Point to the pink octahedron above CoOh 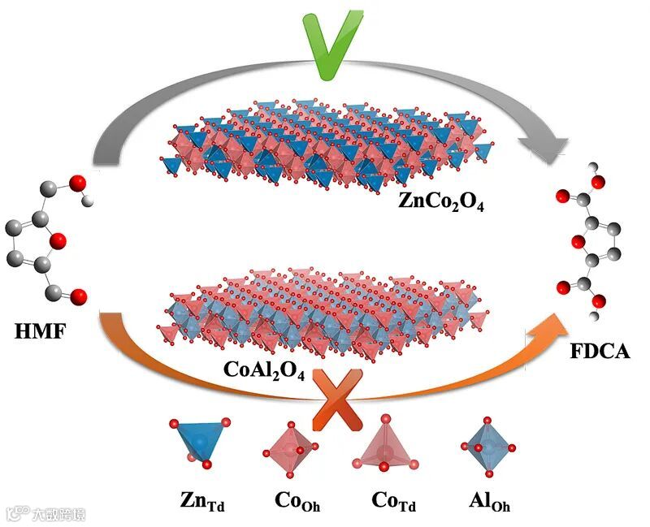coord(291,447)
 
